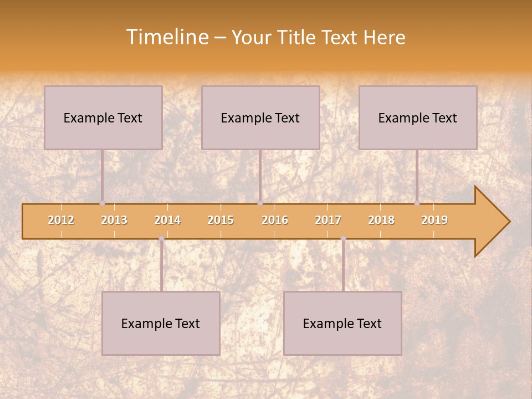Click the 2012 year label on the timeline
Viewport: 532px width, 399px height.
(61, 220)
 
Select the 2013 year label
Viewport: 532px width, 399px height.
(114, 220)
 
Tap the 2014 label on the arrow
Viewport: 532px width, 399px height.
(167, 220)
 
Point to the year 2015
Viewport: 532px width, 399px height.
(221, 220)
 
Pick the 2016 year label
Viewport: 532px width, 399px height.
(275, 220)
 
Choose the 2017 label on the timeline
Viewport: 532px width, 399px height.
(328, 220)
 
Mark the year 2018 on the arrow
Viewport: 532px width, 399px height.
(381, 220)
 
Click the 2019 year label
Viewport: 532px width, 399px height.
(434, 220)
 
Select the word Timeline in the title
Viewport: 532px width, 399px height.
(167, 37)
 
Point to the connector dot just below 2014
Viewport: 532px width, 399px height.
(161, 238)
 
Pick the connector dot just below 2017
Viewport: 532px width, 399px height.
(343, 238)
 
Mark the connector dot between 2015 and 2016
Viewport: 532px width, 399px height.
(260, 203)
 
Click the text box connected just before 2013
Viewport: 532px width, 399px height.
(103, 117)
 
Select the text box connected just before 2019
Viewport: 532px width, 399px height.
(418, 117)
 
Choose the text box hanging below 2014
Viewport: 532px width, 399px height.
(161, 323)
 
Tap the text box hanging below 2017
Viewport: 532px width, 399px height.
(342, 323)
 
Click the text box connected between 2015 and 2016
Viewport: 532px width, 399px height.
(260, 117)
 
